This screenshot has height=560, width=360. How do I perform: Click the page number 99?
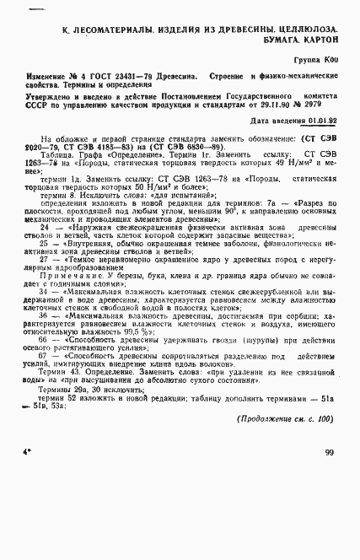(x=328, y=452)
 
